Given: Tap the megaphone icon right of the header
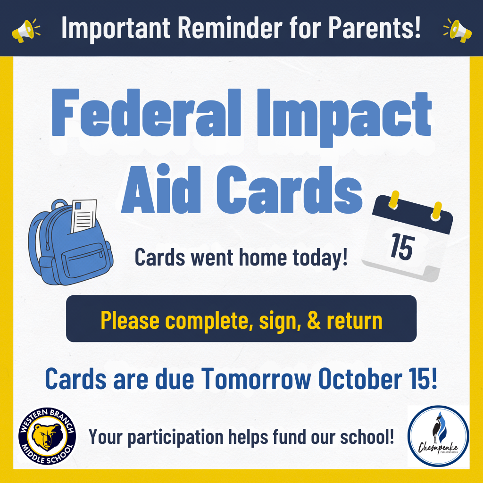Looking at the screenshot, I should pyautogui.click(x=457, y=29).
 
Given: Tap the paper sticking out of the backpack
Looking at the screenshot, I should pyautogui.click(x=84, y=217).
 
